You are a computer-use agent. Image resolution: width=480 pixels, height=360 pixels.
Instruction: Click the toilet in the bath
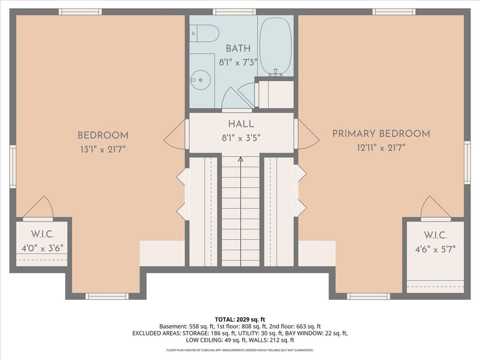point(204,33)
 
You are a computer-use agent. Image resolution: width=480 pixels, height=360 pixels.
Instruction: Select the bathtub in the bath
point(276,46)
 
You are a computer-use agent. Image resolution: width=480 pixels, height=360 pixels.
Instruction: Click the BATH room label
point(238,48)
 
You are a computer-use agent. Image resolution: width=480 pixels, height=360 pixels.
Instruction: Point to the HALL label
point(241,124)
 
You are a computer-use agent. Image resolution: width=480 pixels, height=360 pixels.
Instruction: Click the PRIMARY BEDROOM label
point(381,134)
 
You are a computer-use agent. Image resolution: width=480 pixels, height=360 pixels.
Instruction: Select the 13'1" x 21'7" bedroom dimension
point(103,150)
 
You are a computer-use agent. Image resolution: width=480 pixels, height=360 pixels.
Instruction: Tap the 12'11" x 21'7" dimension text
point(381,148)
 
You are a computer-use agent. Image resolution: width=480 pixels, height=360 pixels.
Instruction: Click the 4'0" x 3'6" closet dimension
point(42,248)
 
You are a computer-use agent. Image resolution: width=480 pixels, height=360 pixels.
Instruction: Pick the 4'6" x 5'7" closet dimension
point(435,249)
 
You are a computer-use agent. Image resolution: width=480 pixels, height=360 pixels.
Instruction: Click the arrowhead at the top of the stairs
point(241,159)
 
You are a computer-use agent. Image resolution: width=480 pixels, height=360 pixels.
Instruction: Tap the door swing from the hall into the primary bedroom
point(308,135)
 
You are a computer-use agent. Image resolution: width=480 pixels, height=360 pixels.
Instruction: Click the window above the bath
point(234,12)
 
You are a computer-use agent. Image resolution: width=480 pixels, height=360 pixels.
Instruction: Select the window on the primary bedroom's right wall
point(467,163)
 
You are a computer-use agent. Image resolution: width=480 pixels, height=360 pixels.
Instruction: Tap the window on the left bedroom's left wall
point(13,166)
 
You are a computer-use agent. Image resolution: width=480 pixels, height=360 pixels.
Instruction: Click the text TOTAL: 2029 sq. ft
point(240,320)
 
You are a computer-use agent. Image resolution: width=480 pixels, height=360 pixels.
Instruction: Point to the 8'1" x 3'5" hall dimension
point(241,138)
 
